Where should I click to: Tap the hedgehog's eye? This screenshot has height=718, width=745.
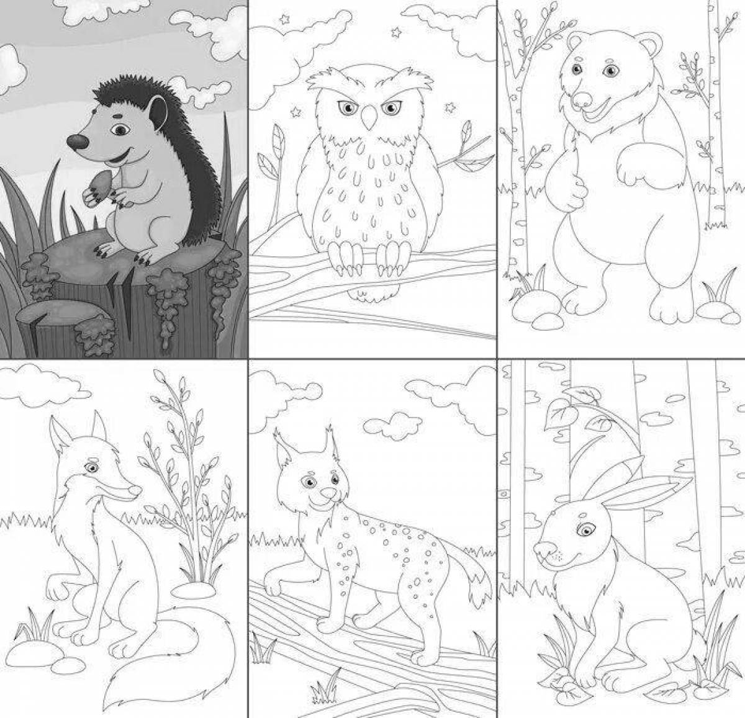pyautogui.click(x=120, y=130)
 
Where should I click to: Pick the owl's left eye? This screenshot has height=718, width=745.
pyautogui.click(x=346, y=109)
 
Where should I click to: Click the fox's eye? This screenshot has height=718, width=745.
pyautogui.click(x=93, y=467)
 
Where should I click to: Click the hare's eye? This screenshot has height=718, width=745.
pyautogui.click(x=584, y=530)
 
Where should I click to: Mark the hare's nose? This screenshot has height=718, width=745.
pyautogui.click(x=541, y=549)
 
